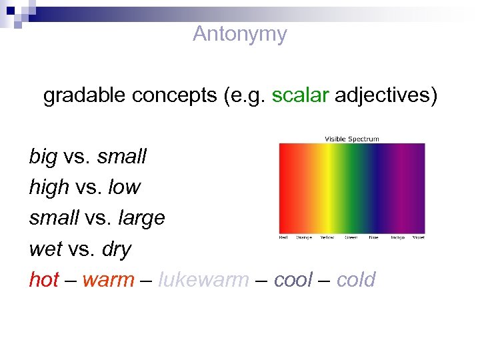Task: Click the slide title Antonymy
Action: pos(239,34)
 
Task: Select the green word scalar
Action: pos(300,96)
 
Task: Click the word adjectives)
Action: pos(386,96)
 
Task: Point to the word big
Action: pos(43,157)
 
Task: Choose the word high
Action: pos(49,187)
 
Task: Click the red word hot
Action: pos(43,279)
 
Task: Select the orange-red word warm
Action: pos(108,279)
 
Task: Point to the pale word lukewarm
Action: pos(203,279)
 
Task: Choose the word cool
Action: pos(293,279)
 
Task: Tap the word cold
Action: pos(356,279)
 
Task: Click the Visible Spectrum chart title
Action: pos(351,139)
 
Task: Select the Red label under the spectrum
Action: pos(285,237)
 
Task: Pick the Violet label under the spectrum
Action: pos(418,237)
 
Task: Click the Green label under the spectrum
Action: pos(351,237)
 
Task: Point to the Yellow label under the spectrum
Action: pos(327,237)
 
